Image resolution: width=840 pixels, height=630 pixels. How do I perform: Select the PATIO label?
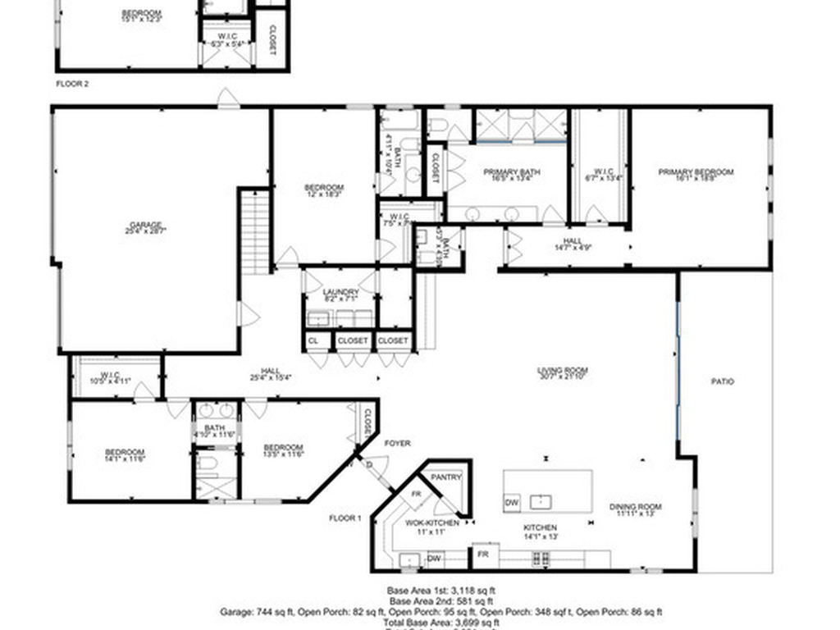tap(723, 381)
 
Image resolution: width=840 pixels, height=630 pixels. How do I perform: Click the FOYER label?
tap(398, 444)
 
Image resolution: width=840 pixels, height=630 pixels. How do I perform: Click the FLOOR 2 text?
tap(71, 84)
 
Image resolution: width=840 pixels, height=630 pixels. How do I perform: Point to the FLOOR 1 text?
tap(345, 518)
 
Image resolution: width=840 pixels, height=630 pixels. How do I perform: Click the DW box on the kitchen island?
tap(511, 502)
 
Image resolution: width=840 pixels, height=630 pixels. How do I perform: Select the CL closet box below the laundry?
tap(313, 340)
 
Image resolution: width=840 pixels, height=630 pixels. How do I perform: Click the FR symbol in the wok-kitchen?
tap(416, 494)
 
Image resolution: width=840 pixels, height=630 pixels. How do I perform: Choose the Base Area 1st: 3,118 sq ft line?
tap(441, 590)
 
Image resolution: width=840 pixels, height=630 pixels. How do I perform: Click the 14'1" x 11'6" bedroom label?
tap(125, 455)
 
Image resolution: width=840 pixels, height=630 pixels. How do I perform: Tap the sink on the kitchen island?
tap(541, 500)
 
